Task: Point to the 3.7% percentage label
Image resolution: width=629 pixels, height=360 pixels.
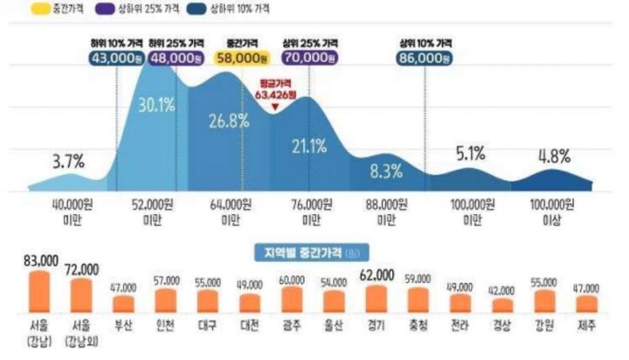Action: tap(67, 161)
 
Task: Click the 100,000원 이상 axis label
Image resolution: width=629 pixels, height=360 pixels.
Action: tap(552, 211)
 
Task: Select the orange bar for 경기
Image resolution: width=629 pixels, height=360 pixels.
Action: tap(376, 298)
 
